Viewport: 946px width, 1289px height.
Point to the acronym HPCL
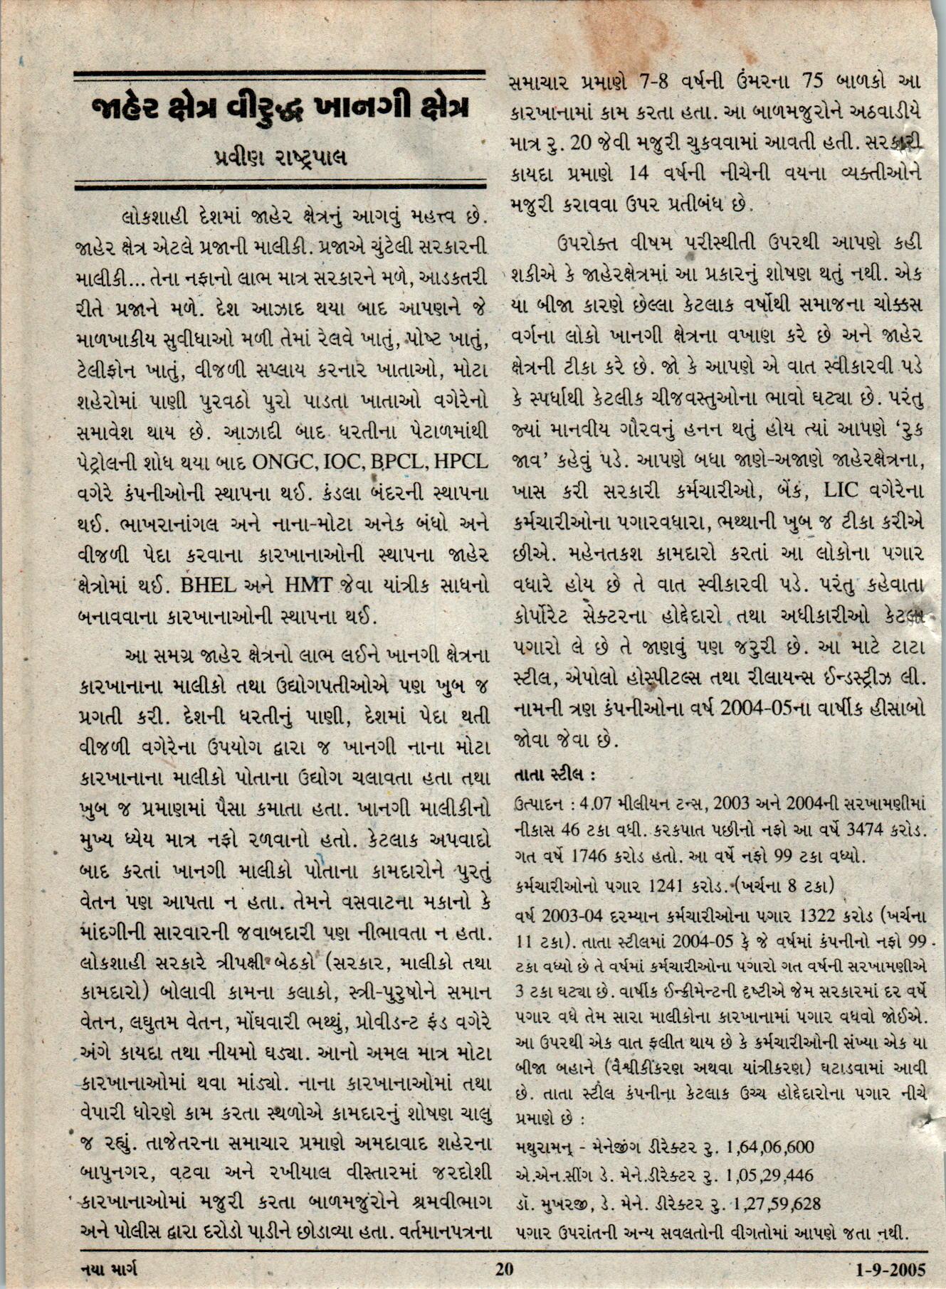click(x=461, y=462)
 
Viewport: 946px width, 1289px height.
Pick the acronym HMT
click(x=308, y=585)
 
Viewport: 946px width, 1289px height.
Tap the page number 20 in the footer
click(x=503, y=1269)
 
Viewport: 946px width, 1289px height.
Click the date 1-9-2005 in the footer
click(x=890, y=1269)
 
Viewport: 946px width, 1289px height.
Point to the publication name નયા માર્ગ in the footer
click(x=109, y=1269)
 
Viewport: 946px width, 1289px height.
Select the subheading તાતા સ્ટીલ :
click(x=554, y=774)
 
